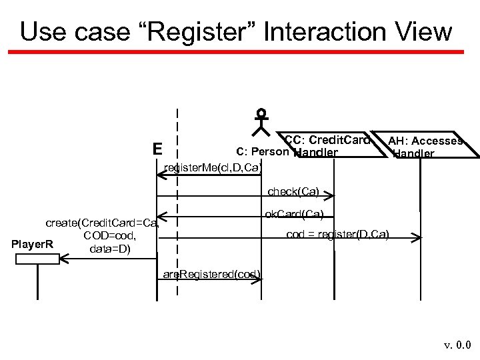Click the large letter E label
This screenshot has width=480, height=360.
point(157,148)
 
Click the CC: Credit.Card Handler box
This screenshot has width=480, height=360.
point(327,147)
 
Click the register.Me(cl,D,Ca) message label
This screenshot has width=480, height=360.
point(212,167)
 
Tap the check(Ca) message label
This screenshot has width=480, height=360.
point(293,192)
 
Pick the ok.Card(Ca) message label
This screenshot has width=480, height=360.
point(294,214)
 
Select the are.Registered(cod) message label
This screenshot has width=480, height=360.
point(212,275)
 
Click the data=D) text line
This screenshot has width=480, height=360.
point(110,249)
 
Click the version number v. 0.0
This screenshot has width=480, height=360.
point(457,346)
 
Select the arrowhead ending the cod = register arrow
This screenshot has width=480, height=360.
point(417,237)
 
